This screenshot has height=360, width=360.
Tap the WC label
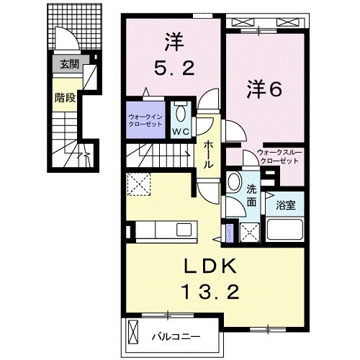[181, 132]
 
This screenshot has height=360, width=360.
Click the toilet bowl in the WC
[181, 114]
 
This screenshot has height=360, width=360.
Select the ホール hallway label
[209, 153]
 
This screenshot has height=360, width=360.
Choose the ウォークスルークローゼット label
[278, 156]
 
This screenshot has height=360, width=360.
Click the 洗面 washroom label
[251, 196]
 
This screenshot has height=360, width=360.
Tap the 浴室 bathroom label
[286, 204]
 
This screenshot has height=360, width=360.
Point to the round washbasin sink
[234, 182]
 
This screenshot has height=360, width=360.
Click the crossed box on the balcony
[132, 332]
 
